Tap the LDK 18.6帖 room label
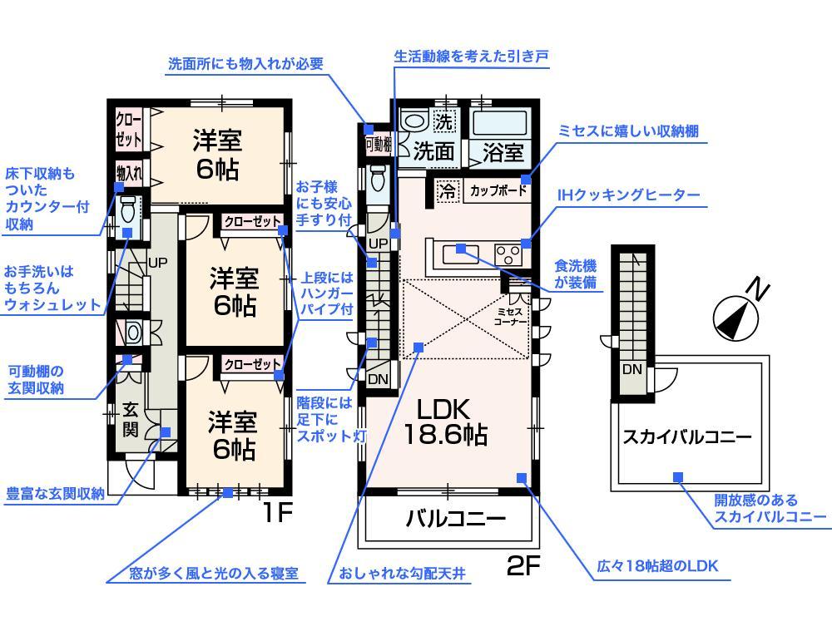(x=444, y=422)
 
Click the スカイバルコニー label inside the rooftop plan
(x=687, y=436)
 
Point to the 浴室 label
(x=503, y=152)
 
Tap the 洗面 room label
(x=433, y=152)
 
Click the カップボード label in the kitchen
(x=498, y=190)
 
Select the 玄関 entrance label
(x=131, y=419)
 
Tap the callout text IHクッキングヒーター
(x=628, y=196)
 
